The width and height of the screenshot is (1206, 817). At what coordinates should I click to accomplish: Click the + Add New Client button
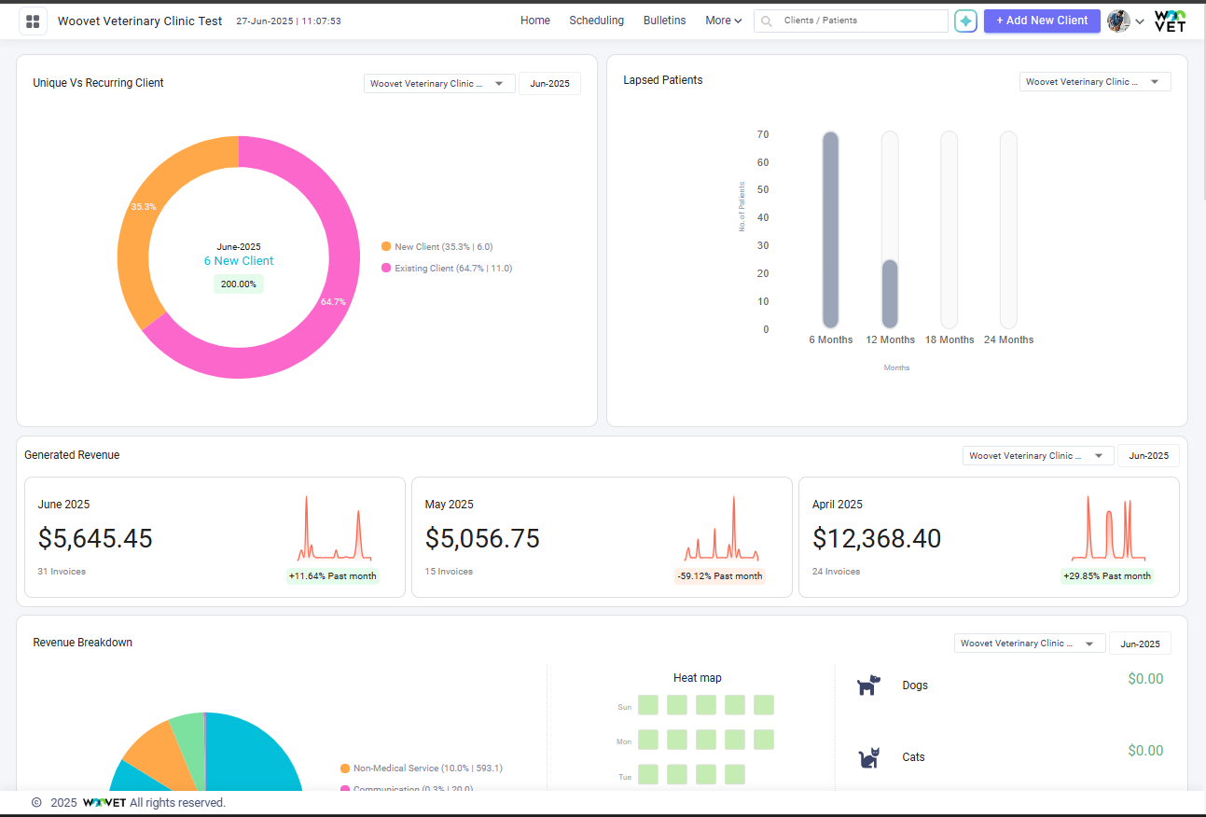(x=1041, y=21)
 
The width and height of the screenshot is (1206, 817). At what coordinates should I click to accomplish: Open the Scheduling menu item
(x=596, y=21)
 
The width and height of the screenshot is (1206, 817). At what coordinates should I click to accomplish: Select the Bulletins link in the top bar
(x=664, y=21)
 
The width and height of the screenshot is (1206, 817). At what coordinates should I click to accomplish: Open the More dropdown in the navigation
(x=723, y=21)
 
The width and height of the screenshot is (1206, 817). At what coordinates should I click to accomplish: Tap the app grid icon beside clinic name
(x=33, y=21)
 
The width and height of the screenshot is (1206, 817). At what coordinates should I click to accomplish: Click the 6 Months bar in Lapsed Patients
(x=830, y=229)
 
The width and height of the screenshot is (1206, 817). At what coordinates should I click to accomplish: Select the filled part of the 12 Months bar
(x=890, y=294)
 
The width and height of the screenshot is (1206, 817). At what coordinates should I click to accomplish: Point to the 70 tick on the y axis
(x=763, y=135)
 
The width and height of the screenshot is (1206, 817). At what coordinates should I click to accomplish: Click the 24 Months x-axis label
(x=1008, y=340)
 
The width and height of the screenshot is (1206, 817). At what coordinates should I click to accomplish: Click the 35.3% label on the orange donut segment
(x=143, y=207)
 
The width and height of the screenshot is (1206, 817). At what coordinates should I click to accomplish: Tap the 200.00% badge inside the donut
(x=238, y=284)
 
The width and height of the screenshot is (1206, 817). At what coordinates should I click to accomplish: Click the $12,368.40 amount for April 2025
(x=876, y=539)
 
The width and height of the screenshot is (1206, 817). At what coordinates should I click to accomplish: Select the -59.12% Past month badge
(x=719, y=576)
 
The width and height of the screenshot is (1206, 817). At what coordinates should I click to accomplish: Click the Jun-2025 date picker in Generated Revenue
(x=1148, y=456)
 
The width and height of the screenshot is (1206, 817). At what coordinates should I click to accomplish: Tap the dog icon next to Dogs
(x=867, y=685)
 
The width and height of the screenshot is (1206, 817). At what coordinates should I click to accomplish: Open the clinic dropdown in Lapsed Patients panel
(x=1094, y=82)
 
